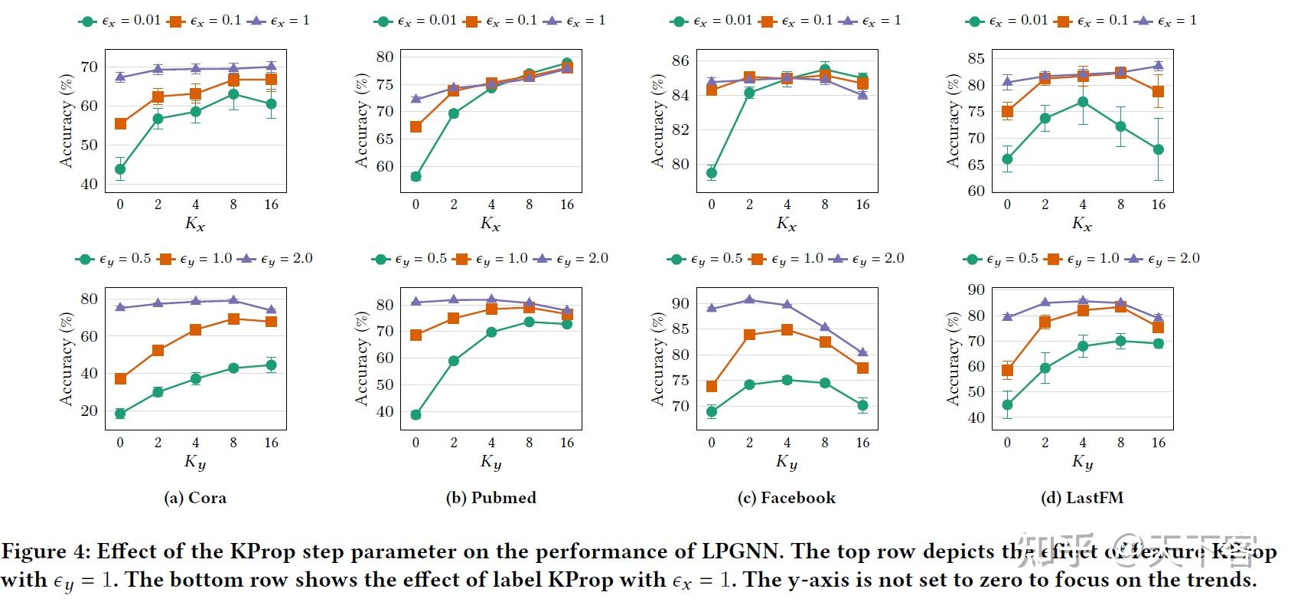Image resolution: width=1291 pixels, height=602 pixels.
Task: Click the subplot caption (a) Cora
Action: point(195,498)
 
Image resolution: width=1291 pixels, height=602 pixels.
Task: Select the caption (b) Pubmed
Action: point(491,498)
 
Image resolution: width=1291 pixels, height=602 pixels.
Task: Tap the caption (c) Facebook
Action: point(786,498)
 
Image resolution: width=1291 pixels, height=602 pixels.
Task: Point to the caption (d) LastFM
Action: point(1081,498)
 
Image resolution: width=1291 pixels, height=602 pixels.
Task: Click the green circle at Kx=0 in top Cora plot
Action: point(120,169)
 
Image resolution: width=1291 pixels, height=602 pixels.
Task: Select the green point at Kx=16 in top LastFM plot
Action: point(1158,150)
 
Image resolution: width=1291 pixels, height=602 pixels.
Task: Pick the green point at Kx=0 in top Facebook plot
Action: point(711,173)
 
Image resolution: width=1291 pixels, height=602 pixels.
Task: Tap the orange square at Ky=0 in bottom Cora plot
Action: point(120,379)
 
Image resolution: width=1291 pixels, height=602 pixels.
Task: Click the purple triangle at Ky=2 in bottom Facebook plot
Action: point(748,299)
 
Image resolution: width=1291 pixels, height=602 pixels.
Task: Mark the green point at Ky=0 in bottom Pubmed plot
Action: point(416,415)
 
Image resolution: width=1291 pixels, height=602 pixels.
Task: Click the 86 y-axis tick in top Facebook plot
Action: point(680,61)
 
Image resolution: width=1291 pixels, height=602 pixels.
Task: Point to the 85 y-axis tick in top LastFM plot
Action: point(975,58)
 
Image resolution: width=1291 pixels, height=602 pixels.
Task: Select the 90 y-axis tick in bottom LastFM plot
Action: point(975,290)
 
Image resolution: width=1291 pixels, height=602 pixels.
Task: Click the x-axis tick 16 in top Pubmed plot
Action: point(566,204)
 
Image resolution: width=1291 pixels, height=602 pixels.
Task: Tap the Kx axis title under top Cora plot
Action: point(195,224)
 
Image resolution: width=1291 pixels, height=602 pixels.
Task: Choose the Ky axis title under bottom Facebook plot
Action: point(786,462)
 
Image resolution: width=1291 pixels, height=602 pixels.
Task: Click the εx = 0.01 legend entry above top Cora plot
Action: point(121,21)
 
